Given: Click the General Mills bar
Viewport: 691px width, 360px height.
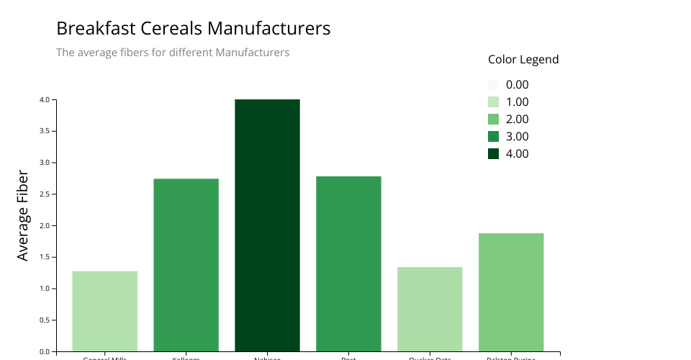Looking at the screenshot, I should pos(104,311).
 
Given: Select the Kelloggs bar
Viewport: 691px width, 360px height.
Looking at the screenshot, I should pos(186,265).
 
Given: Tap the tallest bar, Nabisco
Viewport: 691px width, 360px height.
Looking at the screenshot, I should pos(267,225).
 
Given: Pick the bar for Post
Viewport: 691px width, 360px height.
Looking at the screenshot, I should pos(348,264).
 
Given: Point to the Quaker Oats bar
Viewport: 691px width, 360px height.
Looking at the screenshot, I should pos(430,309).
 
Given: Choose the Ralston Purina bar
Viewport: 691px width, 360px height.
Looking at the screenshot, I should pos(511,292).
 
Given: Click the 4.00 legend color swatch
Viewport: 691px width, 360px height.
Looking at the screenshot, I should pos(493,153).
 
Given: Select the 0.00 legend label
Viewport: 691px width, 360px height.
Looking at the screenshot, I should pos(517,84).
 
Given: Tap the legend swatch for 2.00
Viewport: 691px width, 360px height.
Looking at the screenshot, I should pos(493,119).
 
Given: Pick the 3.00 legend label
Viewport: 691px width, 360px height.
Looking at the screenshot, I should pos(517,136).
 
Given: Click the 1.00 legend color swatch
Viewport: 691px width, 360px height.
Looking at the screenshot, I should pos(493,102).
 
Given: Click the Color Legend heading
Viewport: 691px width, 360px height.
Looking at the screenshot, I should pos(523,60).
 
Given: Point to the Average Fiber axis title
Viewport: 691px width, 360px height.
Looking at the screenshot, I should pos(23,215).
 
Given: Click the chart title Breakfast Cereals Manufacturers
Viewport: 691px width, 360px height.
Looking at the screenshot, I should pos(193,29).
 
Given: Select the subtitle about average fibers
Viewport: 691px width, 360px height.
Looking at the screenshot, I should pos(173,53).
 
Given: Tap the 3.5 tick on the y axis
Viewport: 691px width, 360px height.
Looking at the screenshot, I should pos(44,131).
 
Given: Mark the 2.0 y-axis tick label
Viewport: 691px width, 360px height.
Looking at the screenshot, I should pos(44,225).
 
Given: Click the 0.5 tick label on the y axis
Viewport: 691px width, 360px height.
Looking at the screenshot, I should pos(44,320).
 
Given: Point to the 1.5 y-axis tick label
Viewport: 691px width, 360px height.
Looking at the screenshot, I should pos(44,257).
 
